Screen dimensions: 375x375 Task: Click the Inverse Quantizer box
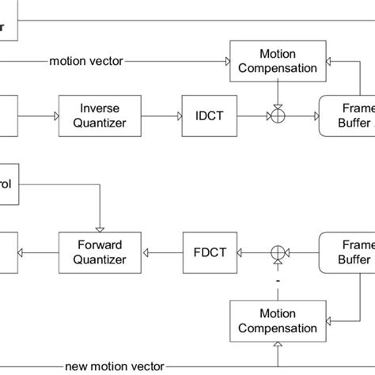pos(101,115)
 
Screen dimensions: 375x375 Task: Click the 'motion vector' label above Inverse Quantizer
pos(85,60)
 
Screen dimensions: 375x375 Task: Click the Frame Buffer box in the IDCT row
pos(348,115)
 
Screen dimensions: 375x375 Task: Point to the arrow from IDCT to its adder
pos(252,115)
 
